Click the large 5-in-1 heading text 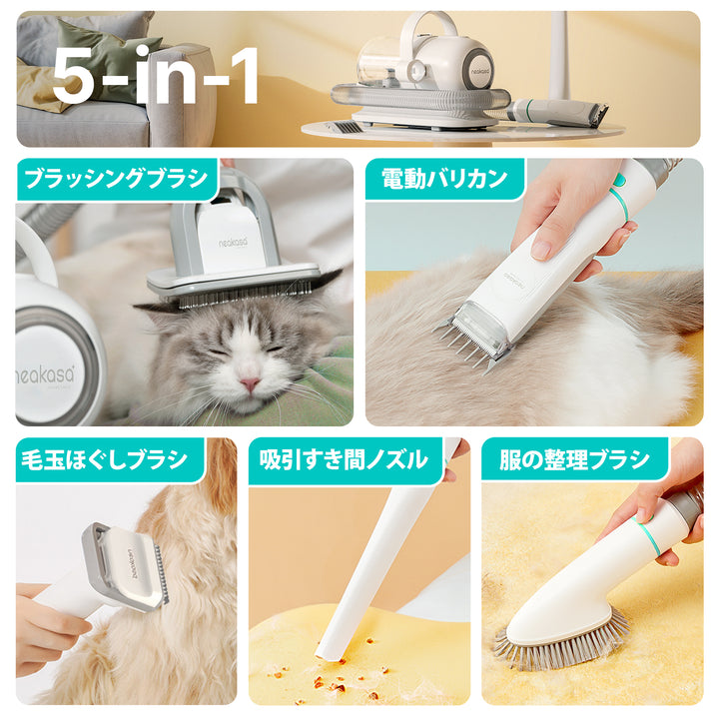point(155,75)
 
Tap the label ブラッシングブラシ point(117,178)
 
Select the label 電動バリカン point(444,178)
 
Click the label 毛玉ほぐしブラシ point(105,459)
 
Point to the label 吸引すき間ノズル point(344,459)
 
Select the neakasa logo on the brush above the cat point(233,242)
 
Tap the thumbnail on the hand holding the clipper point(541,251)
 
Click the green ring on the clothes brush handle point(647,535)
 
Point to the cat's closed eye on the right point(274,350)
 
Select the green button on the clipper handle point(619,181)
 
